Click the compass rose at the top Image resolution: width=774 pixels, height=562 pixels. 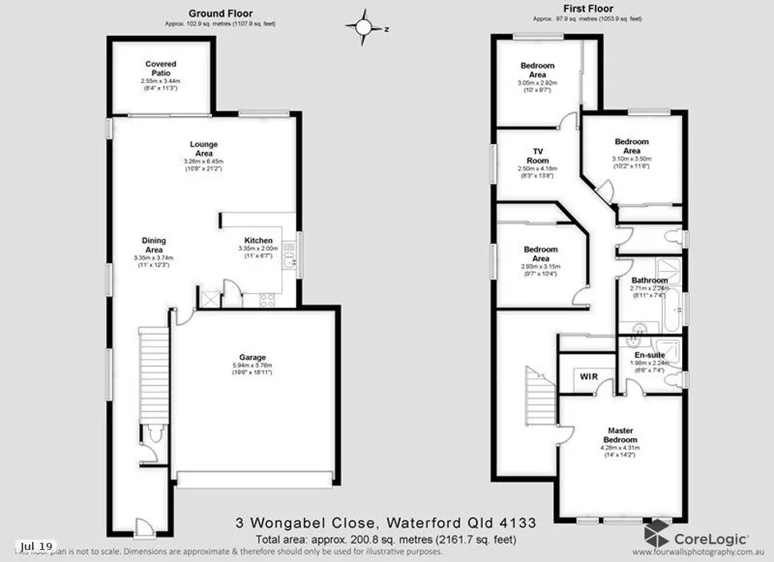click(x=364, y=27)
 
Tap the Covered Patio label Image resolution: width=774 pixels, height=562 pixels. click(x=161, y=69)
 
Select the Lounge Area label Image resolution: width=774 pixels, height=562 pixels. click(x=204, y=149)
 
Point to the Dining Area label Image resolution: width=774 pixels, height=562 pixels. click(x=154, y=245)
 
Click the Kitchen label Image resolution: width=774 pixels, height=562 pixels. click(x=258, y=241)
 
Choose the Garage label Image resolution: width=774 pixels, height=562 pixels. click(x=252, y=357)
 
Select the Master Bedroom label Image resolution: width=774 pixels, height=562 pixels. click(x=620, y=435)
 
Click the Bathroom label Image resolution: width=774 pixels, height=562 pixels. click(x=649, y=281)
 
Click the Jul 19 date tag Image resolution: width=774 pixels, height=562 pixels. click(x=37, y=546)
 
